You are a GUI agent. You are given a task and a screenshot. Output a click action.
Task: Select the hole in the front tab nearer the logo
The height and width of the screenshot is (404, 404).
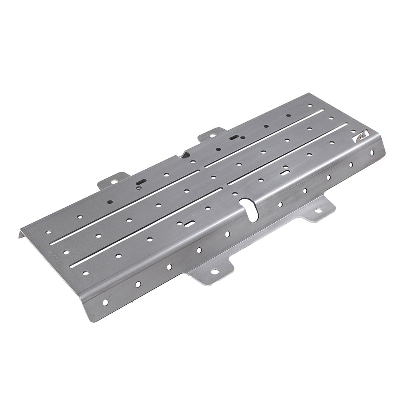[x=318, y=210]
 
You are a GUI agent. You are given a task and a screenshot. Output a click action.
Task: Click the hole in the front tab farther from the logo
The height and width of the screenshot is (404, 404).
[x=214, y=271]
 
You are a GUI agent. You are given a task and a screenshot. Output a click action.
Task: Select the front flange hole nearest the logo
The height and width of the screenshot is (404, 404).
[x=372, y=152]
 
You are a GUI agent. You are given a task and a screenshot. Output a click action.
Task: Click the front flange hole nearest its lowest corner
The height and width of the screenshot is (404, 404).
[x=105, y=302]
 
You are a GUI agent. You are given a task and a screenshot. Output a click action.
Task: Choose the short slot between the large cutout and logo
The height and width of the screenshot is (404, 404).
[x=284, y=173]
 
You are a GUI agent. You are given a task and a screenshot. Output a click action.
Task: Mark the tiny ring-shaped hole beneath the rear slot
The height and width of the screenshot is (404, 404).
[x=139, y=187]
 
